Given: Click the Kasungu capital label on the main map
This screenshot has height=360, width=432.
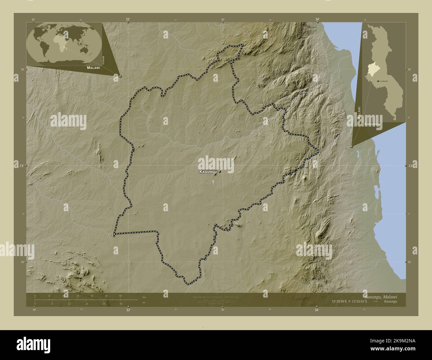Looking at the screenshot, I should click(208, 172).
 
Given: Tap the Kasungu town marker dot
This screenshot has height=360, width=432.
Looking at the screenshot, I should click(220, 172).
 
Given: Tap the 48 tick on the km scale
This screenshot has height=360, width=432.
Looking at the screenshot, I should click(120, 296).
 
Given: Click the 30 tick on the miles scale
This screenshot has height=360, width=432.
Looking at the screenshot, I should click(121, 304).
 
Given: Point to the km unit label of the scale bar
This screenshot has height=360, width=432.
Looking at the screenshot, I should click(144, 297).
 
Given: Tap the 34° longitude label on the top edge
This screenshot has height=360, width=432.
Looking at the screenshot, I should click(317, 20).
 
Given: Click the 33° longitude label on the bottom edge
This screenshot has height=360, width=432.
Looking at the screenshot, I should click(128, 310).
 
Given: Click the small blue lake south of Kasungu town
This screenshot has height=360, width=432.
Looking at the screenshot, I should click(213, 182).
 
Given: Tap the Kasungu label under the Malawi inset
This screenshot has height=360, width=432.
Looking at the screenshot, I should click(372, 124).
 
